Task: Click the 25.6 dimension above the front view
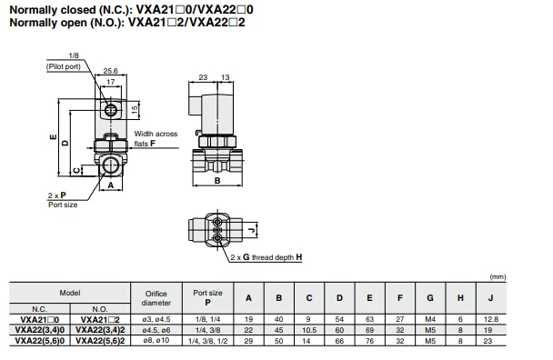click(x=110, y=71)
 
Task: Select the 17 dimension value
click(x=111, y=82)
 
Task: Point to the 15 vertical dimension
click(x=135, y=110)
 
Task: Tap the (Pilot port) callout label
click(x=64, y=66)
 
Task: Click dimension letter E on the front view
click(x=54, y=136)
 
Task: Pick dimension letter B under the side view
click(x=217, y=181)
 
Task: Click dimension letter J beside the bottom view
click(x=251, y=230)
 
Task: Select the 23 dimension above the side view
click(x=203, y=77)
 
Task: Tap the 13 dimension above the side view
click(x=225, y=77)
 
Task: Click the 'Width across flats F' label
click(x=156, y=138)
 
